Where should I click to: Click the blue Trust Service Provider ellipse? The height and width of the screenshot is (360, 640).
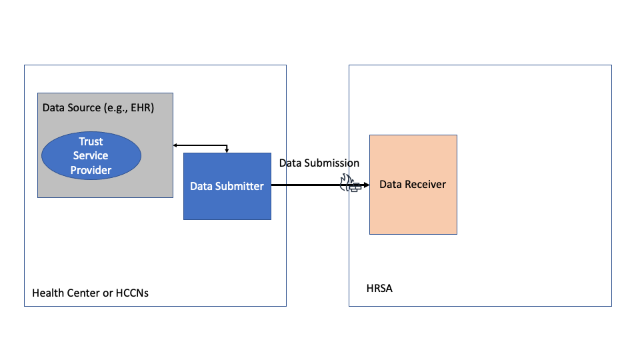pos(91,156)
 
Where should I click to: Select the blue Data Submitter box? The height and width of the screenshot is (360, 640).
pos(227,186)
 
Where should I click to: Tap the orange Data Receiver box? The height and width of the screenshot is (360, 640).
pos(413,184)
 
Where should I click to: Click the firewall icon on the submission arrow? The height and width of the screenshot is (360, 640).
pos(350,185)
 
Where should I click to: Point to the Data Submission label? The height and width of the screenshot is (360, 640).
pos(319,163)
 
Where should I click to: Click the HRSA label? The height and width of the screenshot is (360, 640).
pos(379,289)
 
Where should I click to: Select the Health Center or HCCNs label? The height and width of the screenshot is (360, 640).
pos(90,293)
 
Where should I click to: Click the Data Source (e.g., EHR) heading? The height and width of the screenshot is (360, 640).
pos(98,107)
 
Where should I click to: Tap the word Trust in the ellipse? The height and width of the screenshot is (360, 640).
pos(91,141)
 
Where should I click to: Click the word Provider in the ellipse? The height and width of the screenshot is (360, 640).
pos(91,170)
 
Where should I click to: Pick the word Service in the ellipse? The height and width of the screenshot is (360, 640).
pos(91,156)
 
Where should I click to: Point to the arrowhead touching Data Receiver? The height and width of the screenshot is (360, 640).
pos(365,185)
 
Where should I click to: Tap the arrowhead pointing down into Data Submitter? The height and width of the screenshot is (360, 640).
pos(227,150)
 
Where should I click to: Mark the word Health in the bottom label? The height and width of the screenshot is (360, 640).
pos(47,293)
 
